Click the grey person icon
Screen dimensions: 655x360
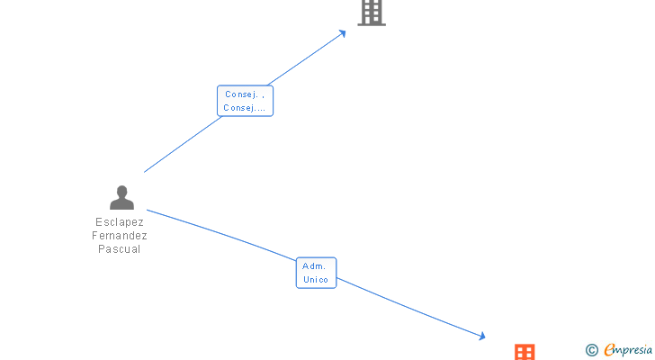121,197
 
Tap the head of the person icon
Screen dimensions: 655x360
121,191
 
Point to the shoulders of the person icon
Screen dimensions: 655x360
121,204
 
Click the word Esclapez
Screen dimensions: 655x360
120,222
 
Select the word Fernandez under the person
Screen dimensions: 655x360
120,236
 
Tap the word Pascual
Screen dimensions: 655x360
120,249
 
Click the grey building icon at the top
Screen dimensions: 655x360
372,12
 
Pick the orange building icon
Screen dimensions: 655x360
525,352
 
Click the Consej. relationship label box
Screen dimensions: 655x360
245,101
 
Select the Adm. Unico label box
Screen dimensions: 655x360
316,273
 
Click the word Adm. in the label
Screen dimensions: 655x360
315,266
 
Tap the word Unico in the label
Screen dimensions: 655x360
316,280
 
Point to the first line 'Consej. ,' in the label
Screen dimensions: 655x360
245,94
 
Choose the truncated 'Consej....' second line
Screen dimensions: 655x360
245,108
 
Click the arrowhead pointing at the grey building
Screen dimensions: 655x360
343,33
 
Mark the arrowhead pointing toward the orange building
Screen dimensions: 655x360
481,337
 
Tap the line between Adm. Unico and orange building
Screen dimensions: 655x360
409,307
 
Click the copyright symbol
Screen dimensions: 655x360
592,350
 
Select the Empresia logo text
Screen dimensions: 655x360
629,350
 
